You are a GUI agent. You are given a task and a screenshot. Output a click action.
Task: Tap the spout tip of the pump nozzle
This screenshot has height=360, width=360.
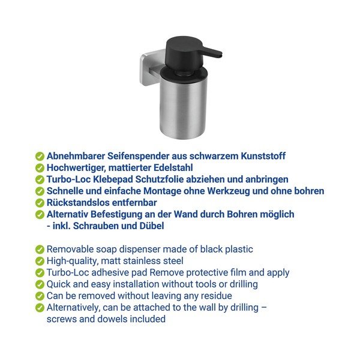pyautogui.click(x=220, y=56)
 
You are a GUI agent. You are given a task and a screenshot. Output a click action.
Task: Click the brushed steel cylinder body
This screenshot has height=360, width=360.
pyautogui.click(x=183, y=108)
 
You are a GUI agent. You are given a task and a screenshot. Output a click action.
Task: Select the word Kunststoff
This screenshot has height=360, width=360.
pyautogui.click(x=263, y=156)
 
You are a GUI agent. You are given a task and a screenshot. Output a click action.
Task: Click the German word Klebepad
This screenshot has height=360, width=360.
pyautogui.click(x=113, y=179)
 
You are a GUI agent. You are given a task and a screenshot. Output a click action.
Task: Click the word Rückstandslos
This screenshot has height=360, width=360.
pyautogui.click(x=76, y=203)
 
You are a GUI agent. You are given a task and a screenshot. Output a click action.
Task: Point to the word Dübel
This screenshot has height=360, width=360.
pyautogui.click(x=152, y=226)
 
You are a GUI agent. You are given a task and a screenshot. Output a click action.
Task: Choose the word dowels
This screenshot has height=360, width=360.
pyautogui.click(x=112, y=319)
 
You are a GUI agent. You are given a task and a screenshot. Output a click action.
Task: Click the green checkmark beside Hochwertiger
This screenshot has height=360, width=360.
pyautogui.click(x=40, y=168)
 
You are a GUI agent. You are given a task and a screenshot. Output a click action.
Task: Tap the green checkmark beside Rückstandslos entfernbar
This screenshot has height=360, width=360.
pyautogui.click(x=40, y=203)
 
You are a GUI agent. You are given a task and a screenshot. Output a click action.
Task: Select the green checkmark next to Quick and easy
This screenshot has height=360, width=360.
pyautogui.click(x=40, y=284)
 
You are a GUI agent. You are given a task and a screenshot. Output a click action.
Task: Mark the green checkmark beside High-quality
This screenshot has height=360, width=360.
pyautogui.click(x=40, y=261)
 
